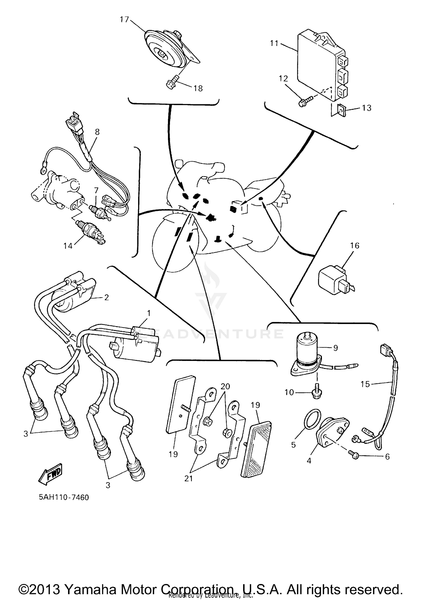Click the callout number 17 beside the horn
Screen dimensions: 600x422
point(124,20)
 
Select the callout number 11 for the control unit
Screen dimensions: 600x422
point(274,43)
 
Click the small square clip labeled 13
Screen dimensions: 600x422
point(341,110)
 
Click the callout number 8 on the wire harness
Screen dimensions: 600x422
point(97,132)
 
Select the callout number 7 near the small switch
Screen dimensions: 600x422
point(96,191)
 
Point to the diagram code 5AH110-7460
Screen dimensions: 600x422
point(64,497)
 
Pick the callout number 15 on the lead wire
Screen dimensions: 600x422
point(365,384)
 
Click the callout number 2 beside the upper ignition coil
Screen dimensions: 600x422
point(107,297)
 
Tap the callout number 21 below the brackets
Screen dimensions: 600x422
point(188,478)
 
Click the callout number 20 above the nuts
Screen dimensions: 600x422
point(225,386)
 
